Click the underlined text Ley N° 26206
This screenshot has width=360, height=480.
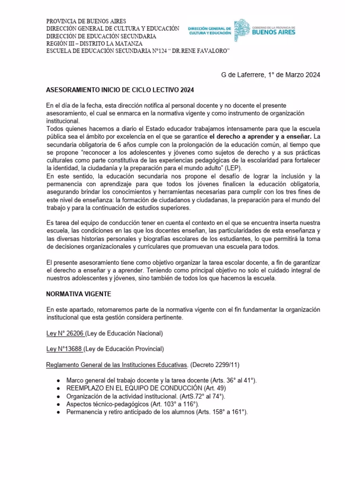click(65, 333)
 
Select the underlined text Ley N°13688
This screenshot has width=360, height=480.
click(65, 349)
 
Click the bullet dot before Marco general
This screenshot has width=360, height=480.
click(57, 381)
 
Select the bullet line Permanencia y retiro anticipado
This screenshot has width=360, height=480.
click(157, 412)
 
